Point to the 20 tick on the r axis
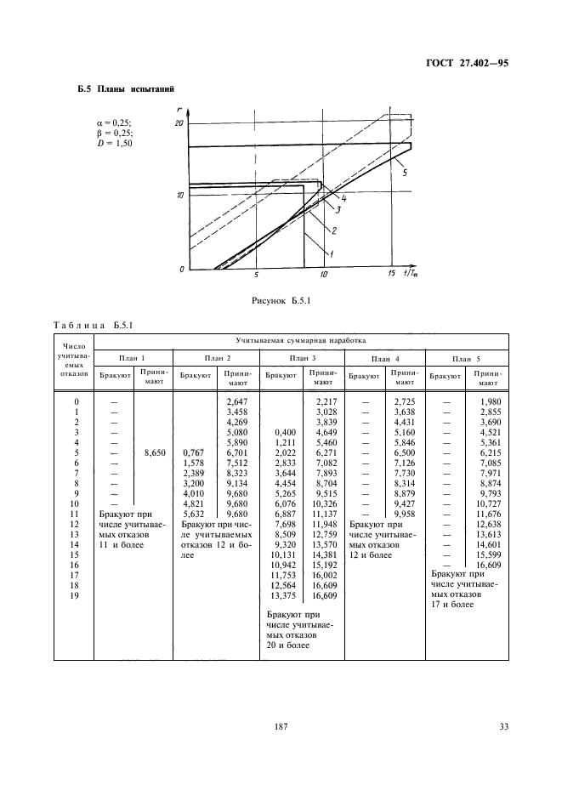click(179, 123)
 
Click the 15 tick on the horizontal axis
click(391, 275)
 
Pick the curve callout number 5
click(404, 173)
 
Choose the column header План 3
click(302, 358)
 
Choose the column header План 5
click(466, 358)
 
